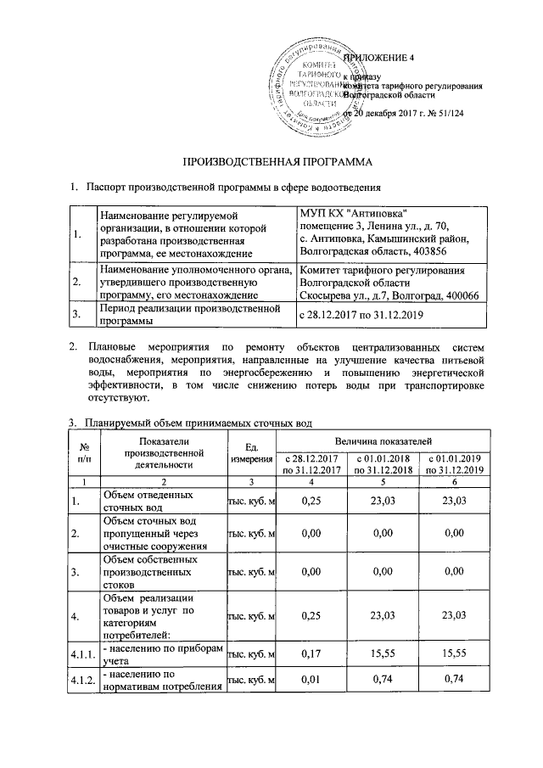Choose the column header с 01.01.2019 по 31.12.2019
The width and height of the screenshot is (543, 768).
coord(456,463)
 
